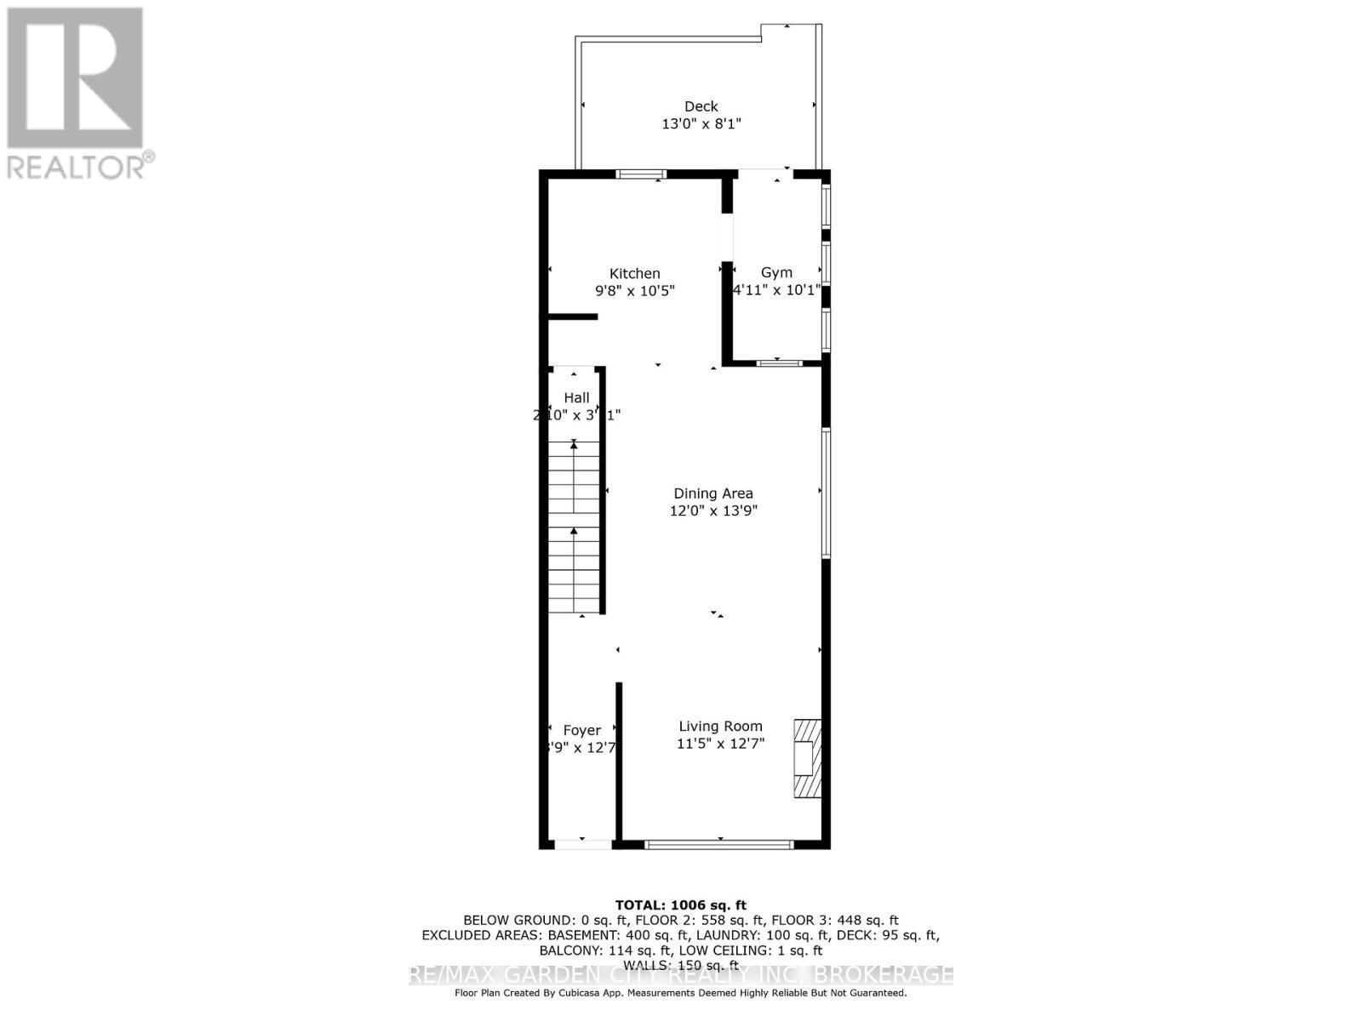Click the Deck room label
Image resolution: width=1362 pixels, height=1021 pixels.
701,106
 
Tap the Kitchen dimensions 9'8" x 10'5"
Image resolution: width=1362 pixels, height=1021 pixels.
634,291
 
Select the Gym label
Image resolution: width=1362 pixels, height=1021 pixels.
776,272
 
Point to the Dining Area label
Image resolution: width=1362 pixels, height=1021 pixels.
713,493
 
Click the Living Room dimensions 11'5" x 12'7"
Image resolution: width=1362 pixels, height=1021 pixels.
720,744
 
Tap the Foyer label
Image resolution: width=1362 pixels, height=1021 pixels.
582,730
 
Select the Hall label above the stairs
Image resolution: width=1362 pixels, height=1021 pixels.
576,397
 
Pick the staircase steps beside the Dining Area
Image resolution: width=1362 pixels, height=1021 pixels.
574,528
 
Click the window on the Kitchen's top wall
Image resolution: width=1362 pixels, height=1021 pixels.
641,174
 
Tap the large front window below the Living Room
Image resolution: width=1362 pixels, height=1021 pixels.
719,845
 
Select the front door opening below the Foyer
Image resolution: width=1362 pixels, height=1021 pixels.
583,845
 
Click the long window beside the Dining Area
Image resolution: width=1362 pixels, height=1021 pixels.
826,493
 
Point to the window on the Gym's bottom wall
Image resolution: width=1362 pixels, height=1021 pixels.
779,363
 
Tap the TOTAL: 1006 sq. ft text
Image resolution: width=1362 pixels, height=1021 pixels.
680,905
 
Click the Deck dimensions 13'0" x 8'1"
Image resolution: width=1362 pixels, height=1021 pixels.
701,124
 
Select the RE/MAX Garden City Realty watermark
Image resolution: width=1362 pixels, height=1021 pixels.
681,975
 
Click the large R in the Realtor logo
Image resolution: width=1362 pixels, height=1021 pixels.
75,77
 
